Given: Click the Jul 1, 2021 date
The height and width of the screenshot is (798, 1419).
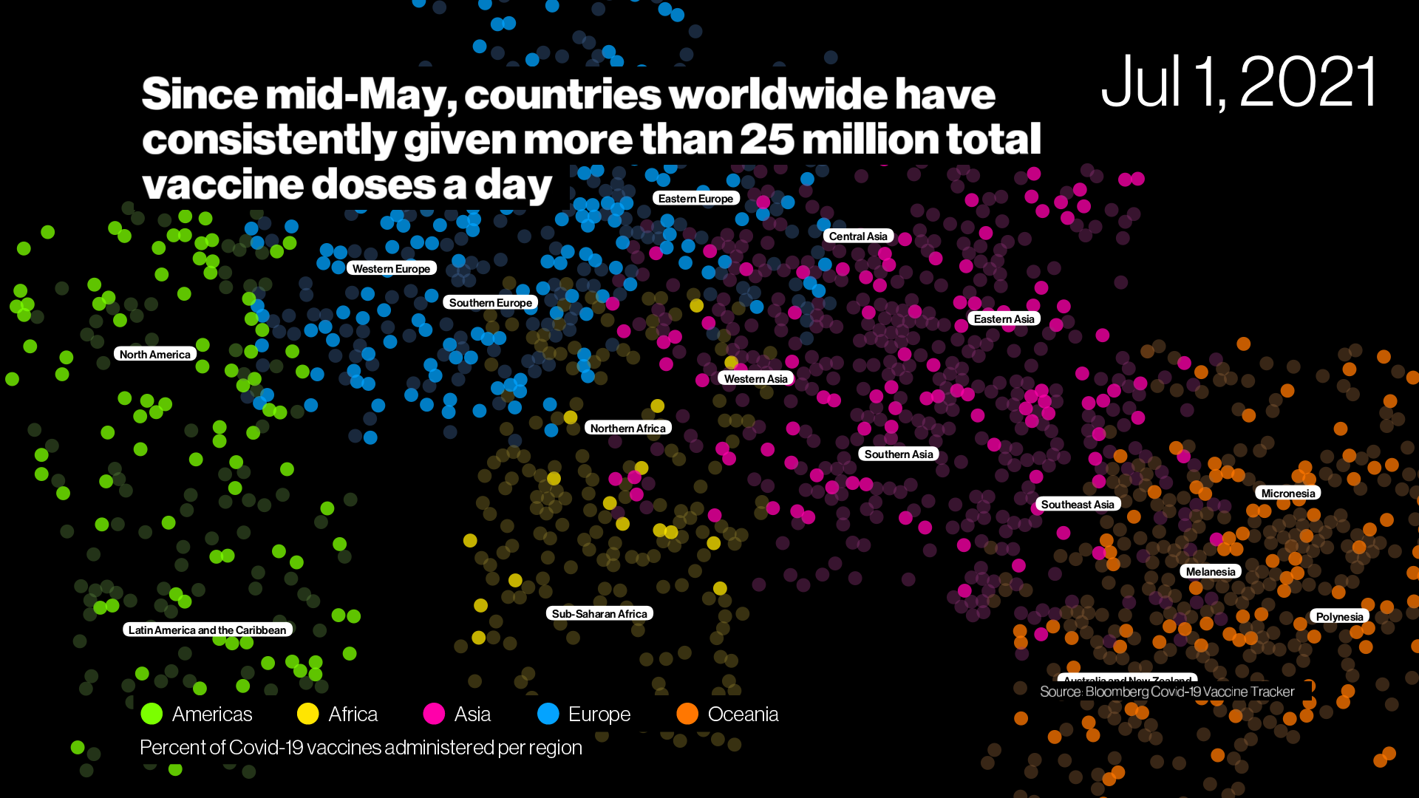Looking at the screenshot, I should point(1239,82).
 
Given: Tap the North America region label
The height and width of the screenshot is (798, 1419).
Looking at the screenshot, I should point(154,355).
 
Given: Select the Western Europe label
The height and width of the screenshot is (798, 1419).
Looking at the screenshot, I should point(391,269).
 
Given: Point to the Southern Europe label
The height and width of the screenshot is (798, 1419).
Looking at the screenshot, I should point(490,303).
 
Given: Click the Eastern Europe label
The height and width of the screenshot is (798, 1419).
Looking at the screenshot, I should point(695,199).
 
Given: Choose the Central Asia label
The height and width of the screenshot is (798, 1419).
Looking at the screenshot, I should point(858,236).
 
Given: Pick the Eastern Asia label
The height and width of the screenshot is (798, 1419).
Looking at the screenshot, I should point(1004,319).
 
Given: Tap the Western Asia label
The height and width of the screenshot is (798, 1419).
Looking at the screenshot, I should point(755,379).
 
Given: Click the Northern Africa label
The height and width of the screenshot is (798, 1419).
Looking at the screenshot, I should point(627,429).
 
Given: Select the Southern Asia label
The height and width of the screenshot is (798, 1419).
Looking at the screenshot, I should point(898,454).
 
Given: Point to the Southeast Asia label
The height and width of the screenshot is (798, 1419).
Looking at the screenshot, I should point(1078,505).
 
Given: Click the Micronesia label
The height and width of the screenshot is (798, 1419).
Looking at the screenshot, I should point(1287,494).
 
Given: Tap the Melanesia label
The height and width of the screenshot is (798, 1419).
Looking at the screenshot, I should point(1210,572).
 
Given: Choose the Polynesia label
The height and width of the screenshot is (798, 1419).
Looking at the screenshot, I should point(1339,617).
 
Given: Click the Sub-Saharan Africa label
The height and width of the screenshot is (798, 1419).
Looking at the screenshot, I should point(599,614).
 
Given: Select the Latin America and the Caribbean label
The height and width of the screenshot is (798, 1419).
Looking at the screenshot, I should point(207,630).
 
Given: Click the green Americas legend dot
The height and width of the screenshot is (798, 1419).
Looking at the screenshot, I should point(152,714).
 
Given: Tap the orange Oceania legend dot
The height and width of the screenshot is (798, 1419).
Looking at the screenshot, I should point(687,714).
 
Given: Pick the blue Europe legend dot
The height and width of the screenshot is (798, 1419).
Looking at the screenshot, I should point(548,714).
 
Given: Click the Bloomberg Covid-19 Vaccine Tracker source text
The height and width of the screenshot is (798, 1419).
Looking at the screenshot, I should point(1167,692).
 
